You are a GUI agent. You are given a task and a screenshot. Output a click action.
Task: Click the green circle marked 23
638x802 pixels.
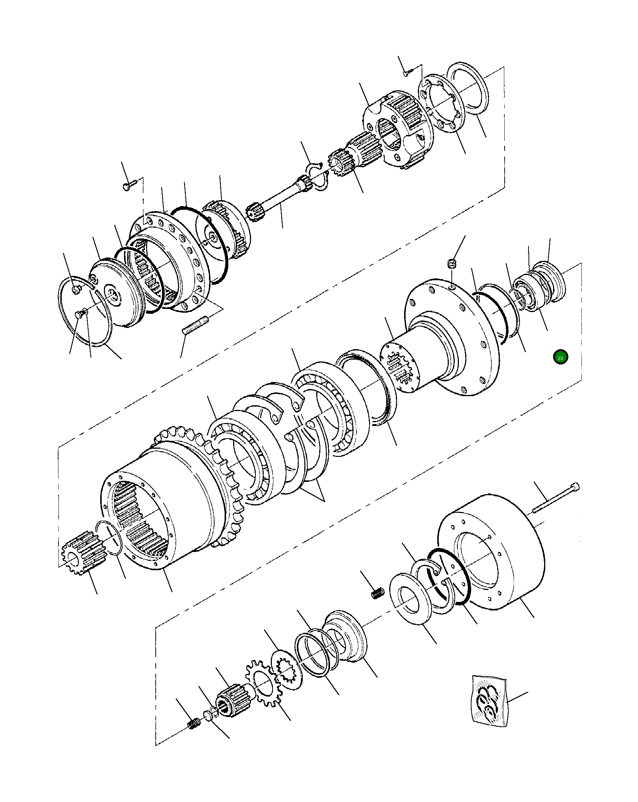tap(560, 357)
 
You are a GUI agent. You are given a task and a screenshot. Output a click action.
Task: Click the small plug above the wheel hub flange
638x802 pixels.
tap(452, 264)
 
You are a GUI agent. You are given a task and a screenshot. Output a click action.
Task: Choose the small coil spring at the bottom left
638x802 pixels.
tap(194, 724)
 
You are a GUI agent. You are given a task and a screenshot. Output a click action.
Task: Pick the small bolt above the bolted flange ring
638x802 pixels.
tap(127, 185)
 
